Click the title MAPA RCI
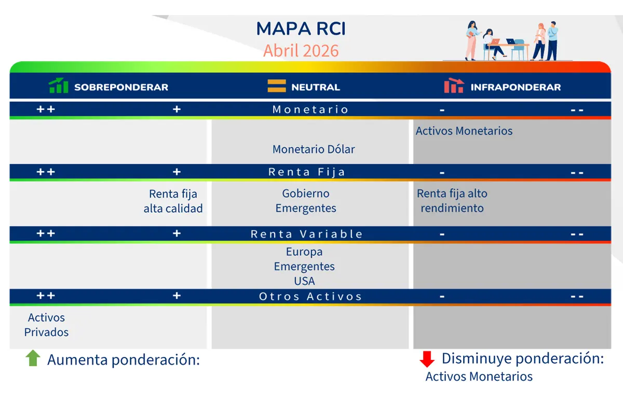click(x=301, y=29)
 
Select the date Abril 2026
click(x=301, y=51)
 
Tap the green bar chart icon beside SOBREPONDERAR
click(x=59, y=86)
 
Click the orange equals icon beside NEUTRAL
click(x=277, y=86)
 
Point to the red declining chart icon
click(x=454, y=86)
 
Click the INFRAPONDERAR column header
click(x=515, y=87)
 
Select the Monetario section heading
click(x=310, y=109)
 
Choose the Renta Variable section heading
click(x=307, y=234)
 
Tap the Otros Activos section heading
click(x=310, y=296)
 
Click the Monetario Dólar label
click(x=314, y=149)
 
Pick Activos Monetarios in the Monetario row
click(x=464, y=131)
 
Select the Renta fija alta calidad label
click(x=173, y=201)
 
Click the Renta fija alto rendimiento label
click(x=452, y=201)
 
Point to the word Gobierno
click(x=306, y=193)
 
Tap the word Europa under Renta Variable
click(x=304, y=252)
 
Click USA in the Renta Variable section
click(x=304, y=281)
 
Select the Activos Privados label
click(x=46, y=325)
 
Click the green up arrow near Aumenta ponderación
click(x=33, y=358)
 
